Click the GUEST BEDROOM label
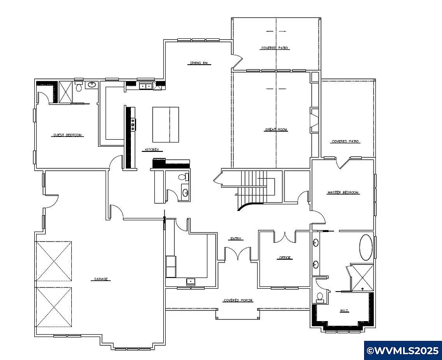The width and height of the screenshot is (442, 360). tap(67, 135)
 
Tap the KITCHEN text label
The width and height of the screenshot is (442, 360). tap(151, 150)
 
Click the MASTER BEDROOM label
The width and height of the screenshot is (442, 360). tap(343, 193)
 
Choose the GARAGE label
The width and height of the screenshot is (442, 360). tap(101, 279)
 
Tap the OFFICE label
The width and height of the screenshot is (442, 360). tap(285, 258)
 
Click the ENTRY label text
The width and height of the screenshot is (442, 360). tap(236, 239)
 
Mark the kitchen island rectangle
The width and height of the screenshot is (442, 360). tap(166, 124)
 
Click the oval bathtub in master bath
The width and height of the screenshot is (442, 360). tap(366, 247)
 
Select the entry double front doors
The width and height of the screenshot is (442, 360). tap(237, 254)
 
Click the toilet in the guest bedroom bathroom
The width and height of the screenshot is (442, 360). tap(79, 87)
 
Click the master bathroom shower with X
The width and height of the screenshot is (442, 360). tap(362, 277)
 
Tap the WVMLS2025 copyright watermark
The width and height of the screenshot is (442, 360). tap(403, 351)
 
